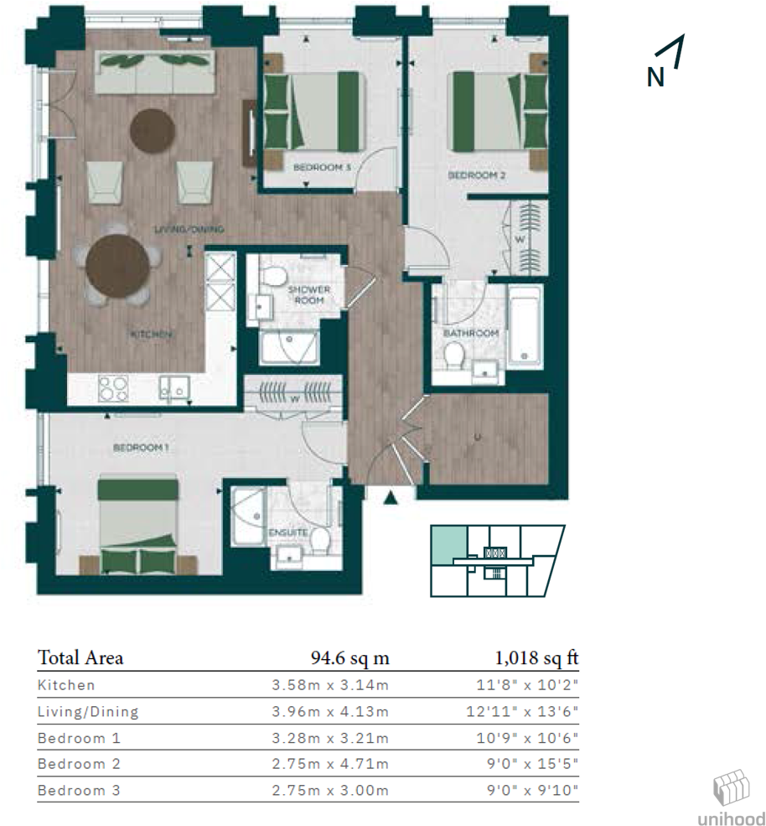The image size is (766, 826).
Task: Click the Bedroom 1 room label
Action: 141,448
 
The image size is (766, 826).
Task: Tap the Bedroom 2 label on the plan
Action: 476,175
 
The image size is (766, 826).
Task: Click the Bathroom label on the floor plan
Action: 470,333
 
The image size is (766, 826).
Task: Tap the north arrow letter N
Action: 655,77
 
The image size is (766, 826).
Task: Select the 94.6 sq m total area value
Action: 350,657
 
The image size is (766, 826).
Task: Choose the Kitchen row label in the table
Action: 67,685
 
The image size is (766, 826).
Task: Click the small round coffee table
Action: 153,131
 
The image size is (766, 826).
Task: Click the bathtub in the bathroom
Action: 525,327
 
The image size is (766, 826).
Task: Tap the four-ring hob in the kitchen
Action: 113,387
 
